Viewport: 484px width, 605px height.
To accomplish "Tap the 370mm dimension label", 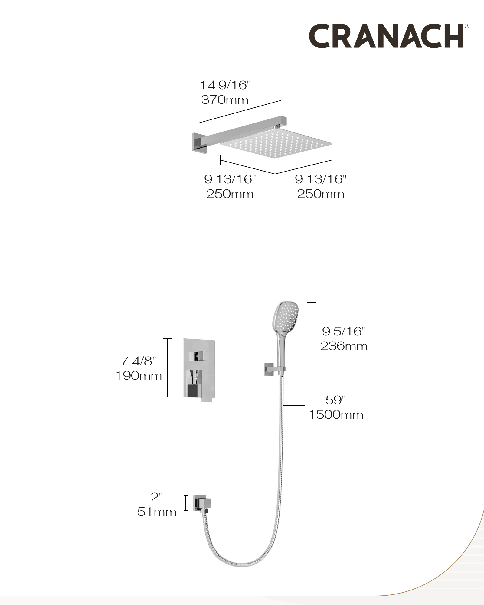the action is point(225,100).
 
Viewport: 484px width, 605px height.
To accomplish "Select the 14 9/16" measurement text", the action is point(226,85).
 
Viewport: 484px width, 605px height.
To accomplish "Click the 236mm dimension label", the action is point(344,346).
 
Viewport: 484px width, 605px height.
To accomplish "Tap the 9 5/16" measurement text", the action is point(344,331).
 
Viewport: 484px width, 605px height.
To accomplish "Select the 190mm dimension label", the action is point(139,376).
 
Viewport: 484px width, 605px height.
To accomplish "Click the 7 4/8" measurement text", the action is point(139,361).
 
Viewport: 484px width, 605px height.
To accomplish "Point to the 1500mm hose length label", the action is point(336,414).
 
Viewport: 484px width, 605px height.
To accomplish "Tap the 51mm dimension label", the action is point(157,512).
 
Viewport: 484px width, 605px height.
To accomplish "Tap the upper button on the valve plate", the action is point(199,356).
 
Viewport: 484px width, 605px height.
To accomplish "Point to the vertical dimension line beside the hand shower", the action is point(312,338).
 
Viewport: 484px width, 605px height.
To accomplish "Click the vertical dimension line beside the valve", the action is point(168,368).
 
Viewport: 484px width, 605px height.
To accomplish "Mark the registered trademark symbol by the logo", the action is point(467,26).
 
